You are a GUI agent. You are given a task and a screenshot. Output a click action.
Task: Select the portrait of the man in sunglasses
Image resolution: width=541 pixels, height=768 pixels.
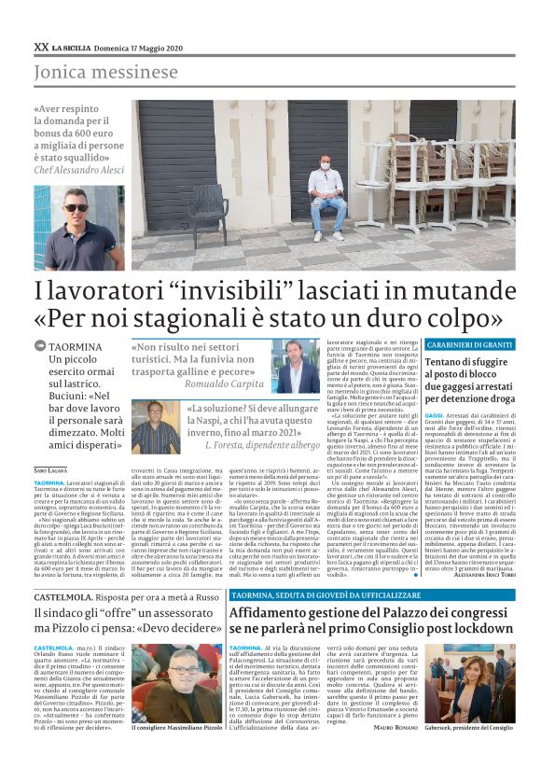pyautogui.click(x=79, y=226)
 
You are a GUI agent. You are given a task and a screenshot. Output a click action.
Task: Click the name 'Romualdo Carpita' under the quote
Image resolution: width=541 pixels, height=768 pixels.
pyautogui.click(x=224, y=383)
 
